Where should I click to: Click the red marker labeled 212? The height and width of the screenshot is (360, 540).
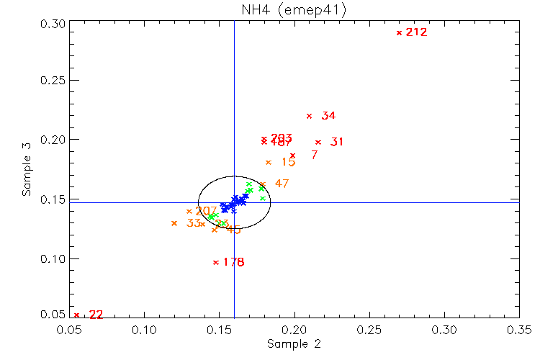(399, 32)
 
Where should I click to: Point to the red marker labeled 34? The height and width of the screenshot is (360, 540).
(309, 116)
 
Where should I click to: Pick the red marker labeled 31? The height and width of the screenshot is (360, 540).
(318, 142)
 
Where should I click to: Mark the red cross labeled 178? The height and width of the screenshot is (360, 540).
(216, 262)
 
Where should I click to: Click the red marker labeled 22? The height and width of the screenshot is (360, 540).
(77, 315)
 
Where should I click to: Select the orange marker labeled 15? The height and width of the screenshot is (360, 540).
(269, 162)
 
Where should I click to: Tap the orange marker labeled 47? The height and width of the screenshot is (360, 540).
(262, 184)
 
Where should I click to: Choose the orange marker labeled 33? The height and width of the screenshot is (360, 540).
(174, 223)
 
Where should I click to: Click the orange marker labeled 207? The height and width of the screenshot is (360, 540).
(189, 211)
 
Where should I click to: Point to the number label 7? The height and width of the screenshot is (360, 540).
(314, 155)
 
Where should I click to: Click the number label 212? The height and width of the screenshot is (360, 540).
(416, 32)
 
